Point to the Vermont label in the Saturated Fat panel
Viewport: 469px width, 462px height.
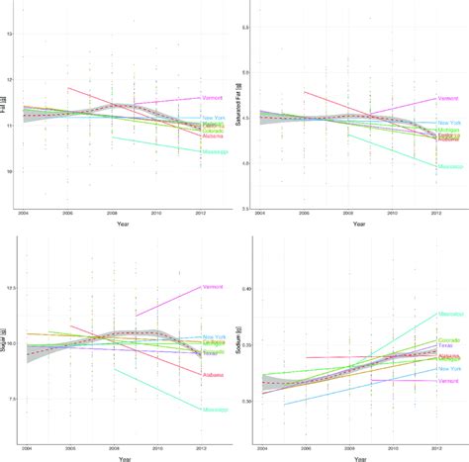pyautogui.click(x=448, y=99)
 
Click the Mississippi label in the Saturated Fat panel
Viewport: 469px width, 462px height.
pyautogui.click(x=450, y=166)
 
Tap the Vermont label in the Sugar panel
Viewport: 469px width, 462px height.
pyautogui.click(x=213, y=287)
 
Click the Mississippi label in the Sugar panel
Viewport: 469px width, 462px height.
pyautogui.click(x=215, y=409)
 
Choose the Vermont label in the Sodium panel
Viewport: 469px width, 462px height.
pyautogui.click(x=448, y=381)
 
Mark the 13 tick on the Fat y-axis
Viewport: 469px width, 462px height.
pyautogui.click(x=10, y=35)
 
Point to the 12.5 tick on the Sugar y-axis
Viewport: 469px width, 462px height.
pyautogui.click(x=10, y=289)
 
